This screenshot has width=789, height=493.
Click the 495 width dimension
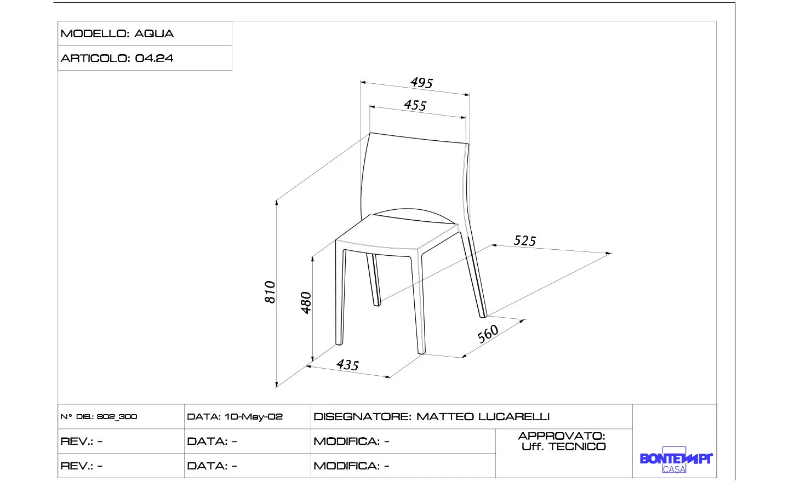tap(421, 83)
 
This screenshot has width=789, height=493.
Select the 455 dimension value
tap(415, 105)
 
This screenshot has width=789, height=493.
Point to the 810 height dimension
tap(270, 292)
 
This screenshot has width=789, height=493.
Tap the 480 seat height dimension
tap(306, 302)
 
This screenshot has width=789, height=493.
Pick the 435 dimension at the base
tap(347, 365)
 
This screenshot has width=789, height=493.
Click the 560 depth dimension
tap(488, 333)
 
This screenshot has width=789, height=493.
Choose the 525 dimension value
tap(524, 240)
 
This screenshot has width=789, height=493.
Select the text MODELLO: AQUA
tap(117, 33)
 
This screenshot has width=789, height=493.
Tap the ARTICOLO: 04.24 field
tap(117, 58)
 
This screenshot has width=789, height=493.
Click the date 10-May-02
tap(253, 417)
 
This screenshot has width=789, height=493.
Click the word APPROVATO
tap(561, 436)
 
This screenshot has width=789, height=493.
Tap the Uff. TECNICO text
tap(564, 447)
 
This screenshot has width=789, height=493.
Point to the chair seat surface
tap(397, 234)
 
